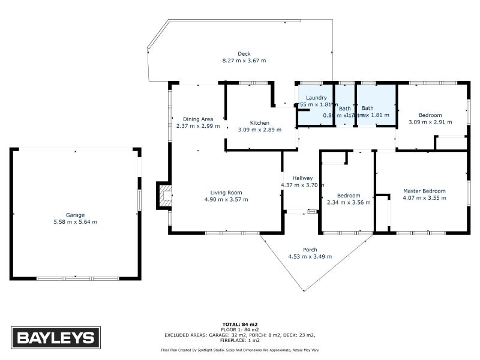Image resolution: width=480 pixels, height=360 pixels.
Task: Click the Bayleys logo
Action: [56, 337]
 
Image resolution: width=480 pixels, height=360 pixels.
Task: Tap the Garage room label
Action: [75, 215]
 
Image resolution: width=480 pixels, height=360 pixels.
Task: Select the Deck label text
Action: [244, 54]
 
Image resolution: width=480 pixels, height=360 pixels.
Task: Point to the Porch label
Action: [310, 250]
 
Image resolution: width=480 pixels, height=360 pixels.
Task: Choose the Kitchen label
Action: [260, 123]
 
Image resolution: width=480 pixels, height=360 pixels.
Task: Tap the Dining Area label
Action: [198, 119]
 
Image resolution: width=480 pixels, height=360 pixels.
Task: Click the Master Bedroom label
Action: [424, 191]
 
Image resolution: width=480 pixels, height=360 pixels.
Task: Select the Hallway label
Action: [302, 178]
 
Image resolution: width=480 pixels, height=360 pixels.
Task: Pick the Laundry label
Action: [316, 98]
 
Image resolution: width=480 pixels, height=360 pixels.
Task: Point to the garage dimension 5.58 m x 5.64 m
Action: [75, 222]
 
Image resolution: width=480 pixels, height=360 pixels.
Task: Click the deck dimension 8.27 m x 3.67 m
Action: [244, 61]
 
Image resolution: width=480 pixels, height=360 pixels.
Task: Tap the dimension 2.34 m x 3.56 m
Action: [349, 202]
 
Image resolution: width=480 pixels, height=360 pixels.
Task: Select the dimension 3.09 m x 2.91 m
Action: [430, 122]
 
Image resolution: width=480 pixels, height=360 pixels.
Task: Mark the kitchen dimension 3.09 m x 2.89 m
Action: [260, 130]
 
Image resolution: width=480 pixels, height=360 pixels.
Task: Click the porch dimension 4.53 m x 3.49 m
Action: [310, 256]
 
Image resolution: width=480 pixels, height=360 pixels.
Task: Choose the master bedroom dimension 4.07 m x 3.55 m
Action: [424, 198]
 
